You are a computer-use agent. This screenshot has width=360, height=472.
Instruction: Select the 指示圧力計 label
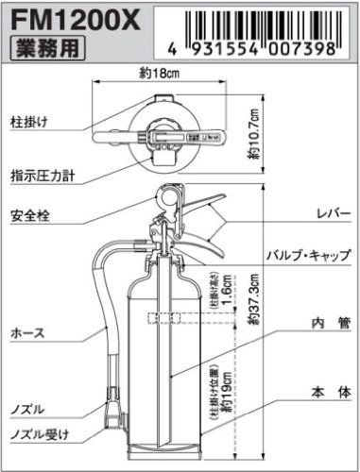click(43, 175)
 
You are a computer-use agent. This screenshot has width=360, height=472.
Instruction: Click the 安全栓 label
click(31, 216)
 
